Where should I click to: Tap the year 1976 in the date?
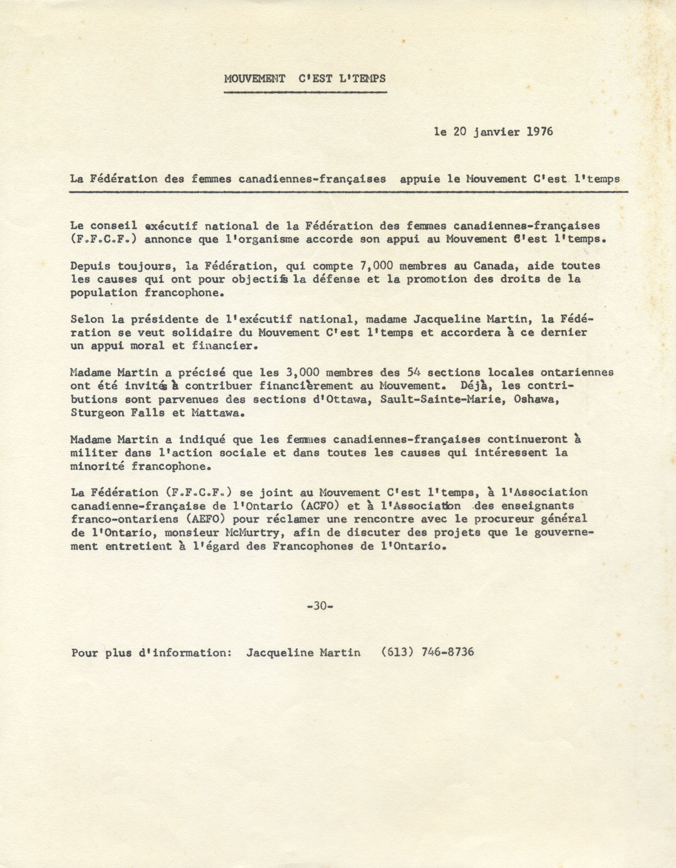pos(540,132)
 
